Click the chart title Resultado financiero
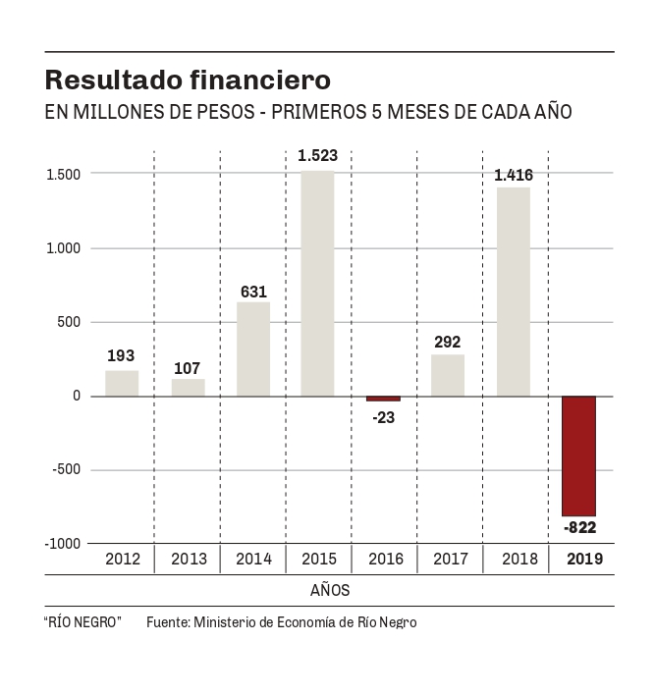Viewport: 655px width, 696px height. pos(188,79)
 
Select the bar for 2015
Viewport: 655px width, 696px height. pos(317,284)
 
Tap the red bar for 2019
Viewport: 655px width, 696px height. pos(578,455)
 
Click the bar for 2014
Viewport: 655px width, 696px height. pos(253,348)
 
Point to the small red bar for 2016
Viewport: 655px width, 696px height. pos(383,399)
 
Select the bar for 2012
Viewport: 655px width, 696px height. pos(122,383)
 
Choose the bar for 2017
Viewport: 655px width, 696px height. pos(448,375)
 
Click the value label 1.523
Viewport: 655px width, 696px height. pos(317,155)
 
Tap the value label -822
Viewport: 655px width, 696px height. pos(579,528)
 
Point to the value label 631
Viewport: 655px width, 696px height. pos(253,291)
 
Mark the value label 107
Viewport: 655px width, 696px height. pos(188,368)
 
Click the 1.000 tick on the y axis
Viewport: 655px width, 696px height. pos(63,248)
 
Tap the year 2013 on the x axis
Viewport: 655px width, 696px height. pos(188,560)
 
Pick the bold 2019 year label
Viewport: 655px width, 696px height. pos(579,560)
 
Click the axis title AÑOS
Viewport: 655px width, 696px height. pos(330,591)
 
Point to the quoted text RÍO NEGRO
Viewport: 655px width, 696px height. pos(82,622)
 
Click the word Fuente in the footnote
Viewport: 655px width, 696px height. pos(167,622)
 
